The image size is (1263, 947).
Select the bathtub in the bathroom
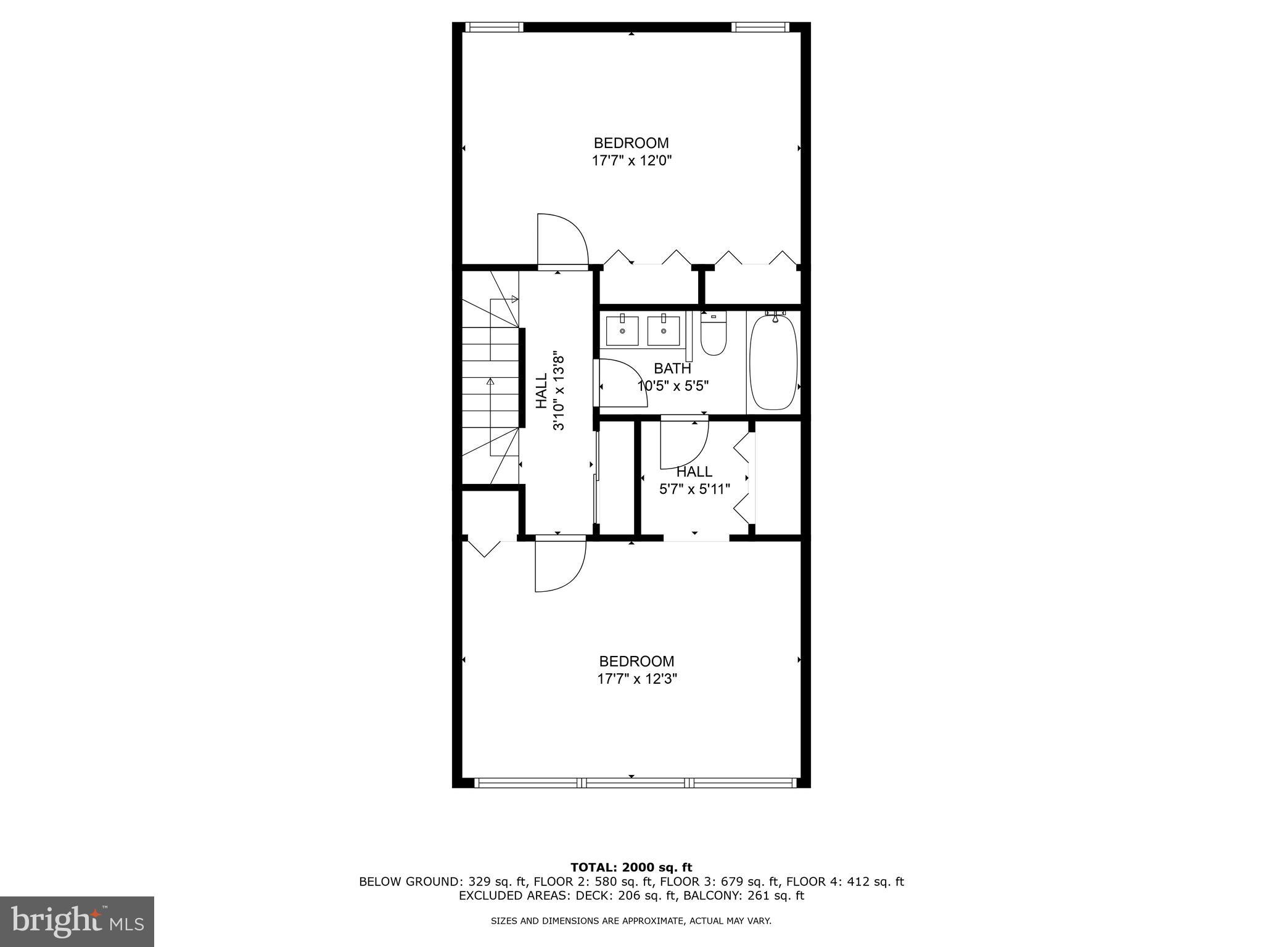click(773, 363)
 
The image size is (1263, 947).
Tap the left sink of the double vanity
click(622, 331)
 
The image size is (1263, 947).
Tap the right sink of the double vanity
click(664, 331)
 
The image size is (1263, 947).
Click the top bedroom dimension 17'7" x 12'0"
click(631, 161)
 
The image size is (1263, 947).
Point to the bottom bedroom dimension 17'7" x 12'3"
click(637, 679)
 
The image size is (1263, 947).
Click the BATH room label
click(672, 369)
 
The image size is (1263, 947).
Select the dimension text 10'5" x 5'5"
click(673, 387)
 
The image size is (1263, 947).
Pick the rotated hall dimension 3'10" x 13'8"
click(559, 392)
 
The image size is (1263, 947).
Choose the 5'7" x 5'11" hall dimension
click(695, 490)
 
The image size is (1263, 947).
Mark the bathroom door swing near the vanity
click(622, 383)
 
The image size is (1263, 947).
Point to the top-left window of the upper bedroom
click(493, 27)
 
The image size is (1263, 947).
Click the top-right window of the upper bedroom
click(760, 27)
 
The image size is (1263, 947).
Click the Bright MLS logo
click(77, 922)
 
